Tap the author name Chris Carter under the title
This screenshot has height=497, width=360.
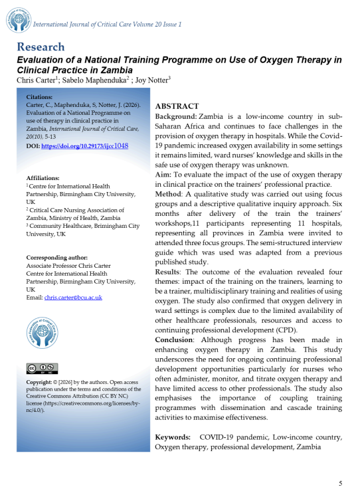tap(37, 80)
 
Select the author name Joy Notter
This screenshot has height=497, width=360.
tap(152, 80)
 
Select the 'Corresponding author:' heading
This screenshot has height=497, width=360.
tap(56, 257)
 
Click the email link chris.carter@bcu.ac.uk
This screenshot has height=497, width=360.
tap(73, 297)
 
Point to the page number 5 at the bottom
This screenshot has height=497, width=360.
tap(341, 483)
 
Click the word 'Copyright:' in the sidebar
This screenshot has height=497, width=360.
tap(39, 383)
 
